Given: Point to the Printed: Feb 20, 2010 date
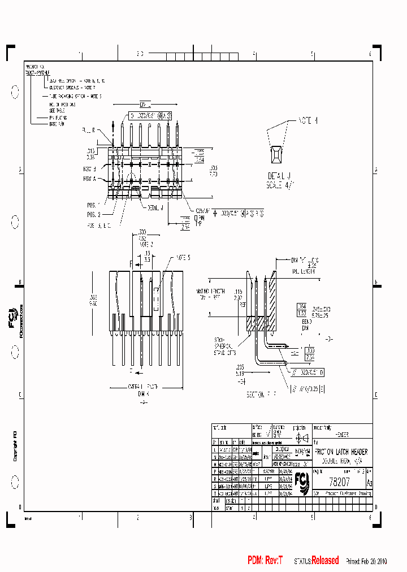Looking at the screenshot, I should tap(366, 561).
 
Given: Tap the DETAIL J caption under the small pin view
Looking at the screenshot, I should tap(279, 177).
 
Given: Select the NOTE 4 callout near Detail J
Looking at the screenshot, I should tap(308, 120).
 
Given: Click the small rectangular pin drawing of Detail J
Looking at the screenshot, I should tap(277, 154).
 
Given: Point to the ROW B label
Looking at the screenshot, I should tap(90, 169).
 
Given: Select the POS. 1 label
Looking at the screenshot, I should tap(93, 205).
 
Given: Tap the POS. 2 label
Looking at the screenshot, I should tap(93, 214).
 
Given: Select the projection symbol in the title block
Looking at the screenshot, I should tap(301, 437).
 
